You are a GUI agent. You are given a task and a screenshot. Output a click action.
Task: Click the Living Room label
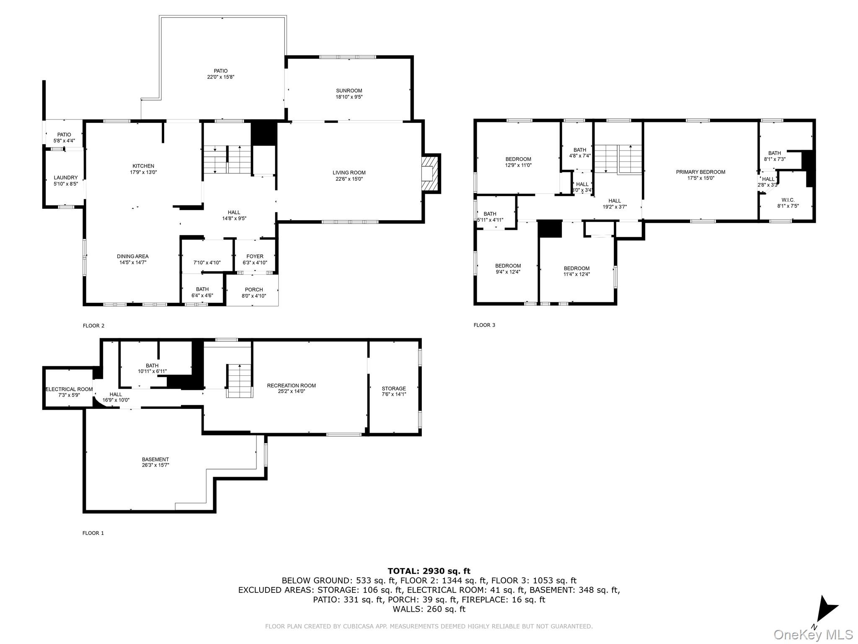[349, 172]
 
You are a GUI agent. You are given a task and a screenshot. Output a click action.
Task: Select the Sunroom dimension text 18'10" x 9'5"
[349, 97]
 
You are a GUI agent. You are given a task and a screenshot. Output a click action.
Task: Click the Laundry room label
[66, 177]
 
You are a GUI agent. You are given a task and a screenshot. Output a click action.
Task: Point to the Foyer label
[255, 256]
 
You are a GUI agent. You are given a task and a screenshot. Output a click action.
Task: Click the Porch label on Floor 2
[254, 289]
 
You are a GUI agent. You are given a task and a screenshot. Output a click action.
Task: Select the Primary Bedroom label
[700, 172]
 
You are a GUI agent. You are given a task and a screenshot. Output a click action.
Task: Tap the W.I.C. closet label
[788, 200]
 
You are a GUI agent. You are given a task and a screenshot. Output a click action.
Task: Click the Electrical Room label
[69, 389]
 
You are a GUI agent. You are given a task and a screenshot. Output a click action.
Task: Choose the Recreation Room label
[291, 385]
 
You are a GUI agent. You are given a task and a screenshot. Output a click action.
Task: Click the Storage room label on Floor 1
[394, 388]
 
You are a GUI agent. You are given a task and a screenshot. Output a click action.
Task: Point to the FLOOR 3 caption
[484, 325]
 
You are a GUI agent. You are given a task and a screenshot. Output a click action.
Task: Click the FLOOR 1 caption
[93, 533]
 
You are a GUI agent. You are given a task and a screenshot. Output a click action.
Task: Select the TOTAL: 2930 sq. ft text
[429, 571]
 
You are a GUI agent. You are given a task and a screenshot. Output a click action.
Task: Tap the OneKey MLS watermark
[813, 634]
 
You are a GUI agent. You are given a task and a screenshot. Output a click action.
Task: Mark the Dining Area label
[132, 256]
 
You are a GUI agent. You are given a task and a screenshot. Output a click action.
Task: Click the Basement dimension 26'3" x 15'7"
[155, 465]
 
